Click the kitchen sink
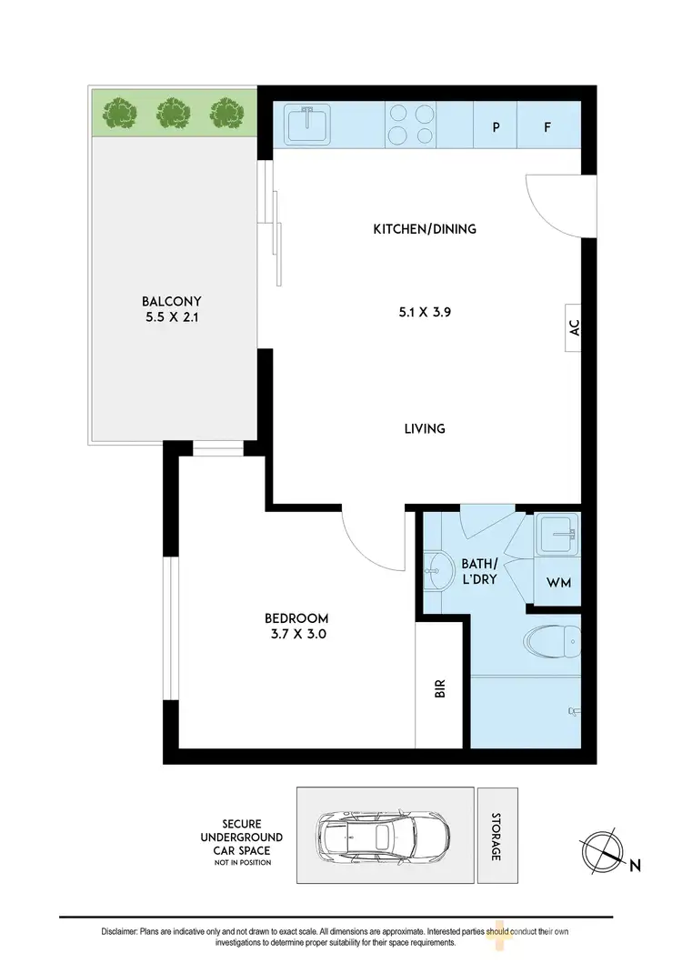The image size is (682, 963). click(307, 124)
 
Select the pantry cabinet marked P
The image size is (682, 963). click(496, 126)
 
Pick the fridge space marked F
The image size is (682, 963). click(547, 126)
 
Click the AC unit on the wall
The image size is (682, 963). click(574, 328)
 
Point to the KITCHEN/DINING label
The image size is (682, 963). click(425, 229)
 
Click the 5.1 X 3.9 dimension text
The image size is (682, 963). click(425, 312)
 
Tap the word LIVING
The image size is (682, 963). click(425, 428)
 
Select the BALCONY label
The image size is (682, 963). click(171, 302)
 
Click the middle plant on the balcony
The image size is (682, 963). click(171, 114)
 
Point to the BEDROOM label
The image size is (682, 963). click(291, 618)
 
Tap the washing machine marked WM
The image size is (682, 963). click(558, 583)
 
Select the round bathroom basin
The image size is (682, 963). click(438, 571)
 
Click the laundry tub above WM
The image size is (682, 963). click(557, 536)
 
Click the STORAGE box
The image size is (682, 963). click(496, 837)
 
